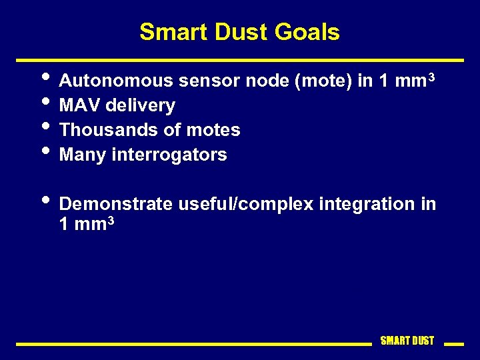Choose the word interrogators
coord(169,155)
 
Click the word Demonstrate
coord(115,204)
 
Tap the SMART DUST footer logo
coord(407,341)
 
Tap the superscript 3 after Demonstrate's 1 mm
coord(111,220)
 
